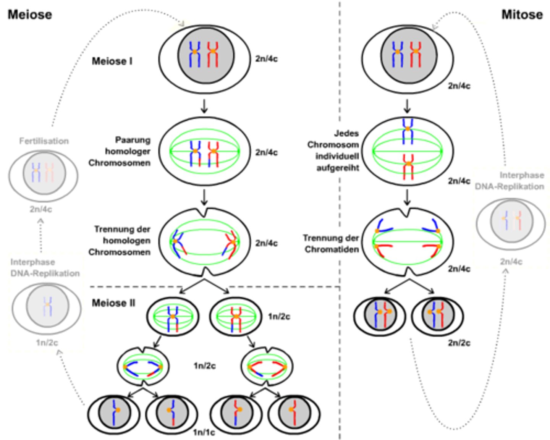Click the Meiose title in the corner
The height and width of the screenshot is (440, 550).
(x=30, y=15)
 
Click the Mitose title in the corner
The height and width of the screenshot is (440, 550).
(x=522, y=15)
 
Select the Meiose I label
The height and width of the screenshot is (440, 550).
(x=112, y=61)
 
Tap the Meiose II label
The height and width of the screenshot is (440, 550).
(x=113, y=303)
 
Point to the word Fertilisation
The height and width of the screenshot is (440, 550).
(x=44, y=141)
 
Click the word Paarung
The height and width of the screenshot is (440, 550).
(x=133, y=140)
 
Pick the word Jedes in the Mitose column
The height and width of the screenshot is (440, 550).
(x=346, y=133)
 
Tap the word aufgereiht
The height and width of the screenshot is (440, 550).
(x=338, y=168)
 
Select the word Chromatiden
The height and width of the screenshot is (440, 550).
(x=332, y=249)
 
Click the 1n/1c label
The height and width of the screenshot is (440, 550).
(x=204, y=432)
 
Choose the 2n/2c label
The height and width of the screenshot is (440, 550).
(x=459, y=343)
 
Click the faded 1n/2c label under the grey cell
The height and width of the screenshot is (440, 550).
(x=47, y=343)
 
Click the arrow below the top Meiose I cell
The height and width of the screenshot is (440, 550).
(x=204, y=106)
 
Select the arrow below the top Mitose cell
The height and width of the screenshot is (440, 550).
(x=407, y=106)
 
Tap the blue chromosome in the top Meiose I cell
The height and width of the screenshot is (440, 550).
(x=195, y=54)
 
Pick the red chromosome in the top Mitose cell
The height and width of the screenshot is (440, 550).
(x=416, y=54)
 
